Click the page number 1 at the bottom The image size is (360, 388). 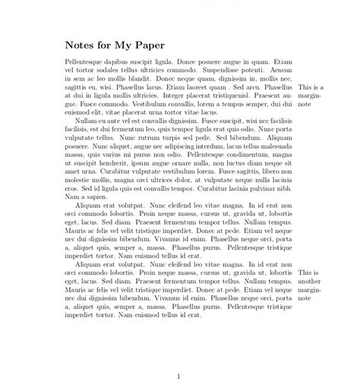pos(178,376)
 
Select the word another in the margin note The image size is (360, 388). pos(311,281)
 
